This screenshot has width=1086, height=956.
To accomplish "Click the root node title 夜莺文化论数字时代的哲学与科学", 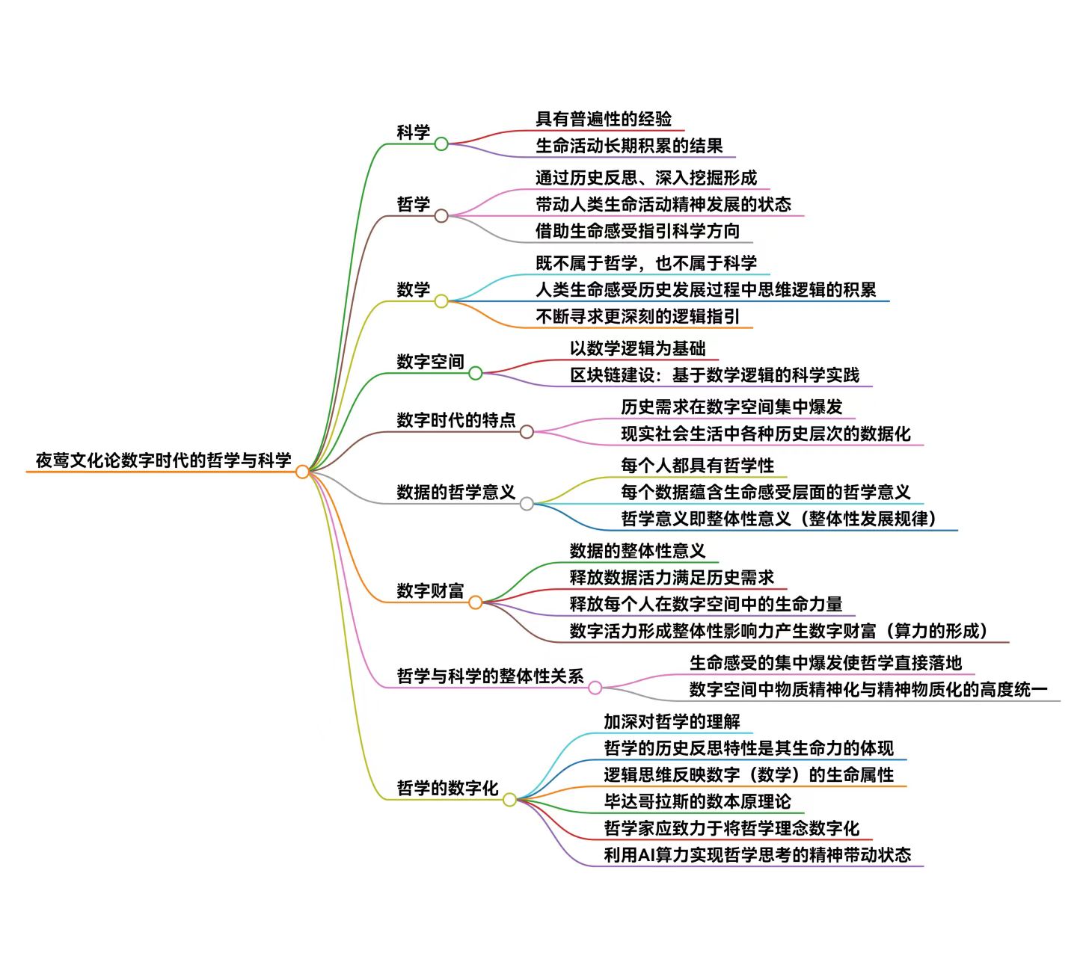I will point(163,460).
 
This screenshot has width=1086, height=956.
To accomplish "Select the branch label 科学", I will point(414,132).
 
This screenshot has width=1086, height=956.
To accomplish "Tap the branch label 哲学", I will point(414,204).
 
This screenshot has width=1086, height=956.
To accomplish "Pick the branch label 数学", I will point(414,289).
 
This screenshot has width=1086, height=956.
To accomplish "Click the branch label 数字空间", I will point(430,362).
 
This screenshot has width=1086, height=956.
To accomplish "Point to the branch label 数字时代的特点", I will point(456,420).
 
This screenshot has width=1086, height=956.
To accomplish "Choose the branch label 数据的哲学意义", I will point(456,492).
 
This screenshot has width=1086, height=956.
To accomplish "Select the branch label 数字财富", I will point(430,590).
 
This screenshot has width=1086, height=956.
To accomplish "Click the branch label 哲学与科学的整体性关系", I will point(490,676).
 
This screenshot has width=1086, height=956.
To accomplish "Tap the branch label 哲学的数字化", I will point(447,788).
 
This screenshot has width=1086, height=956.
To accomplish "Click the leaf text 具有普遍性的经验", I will point(604,119).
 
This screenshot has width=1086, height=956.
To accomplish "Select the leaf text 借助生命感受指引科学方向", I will point(637,231).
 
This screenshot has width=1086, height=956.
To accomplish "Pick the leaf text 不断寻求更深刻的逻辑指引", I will point(637,316).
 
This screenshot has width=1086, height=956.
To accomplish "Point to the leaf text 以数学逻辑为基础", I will point(637,348).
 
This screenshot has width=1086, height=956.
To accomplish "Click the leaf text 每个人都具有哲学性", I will point(697,466).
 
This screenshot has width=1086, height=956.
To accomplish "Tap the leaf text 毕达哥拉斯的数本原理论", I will point(697,801).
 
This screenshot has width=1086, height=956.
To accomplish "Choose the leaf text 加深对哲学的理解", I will point(672,721).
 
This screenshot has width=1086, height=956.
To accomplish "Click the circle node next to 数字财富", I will point(476,602).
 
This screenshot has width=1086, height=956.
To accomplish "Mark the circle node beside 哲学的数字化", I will point(509,800).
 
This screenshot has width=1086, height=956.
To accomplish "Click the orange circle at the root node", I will point(302,472).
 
